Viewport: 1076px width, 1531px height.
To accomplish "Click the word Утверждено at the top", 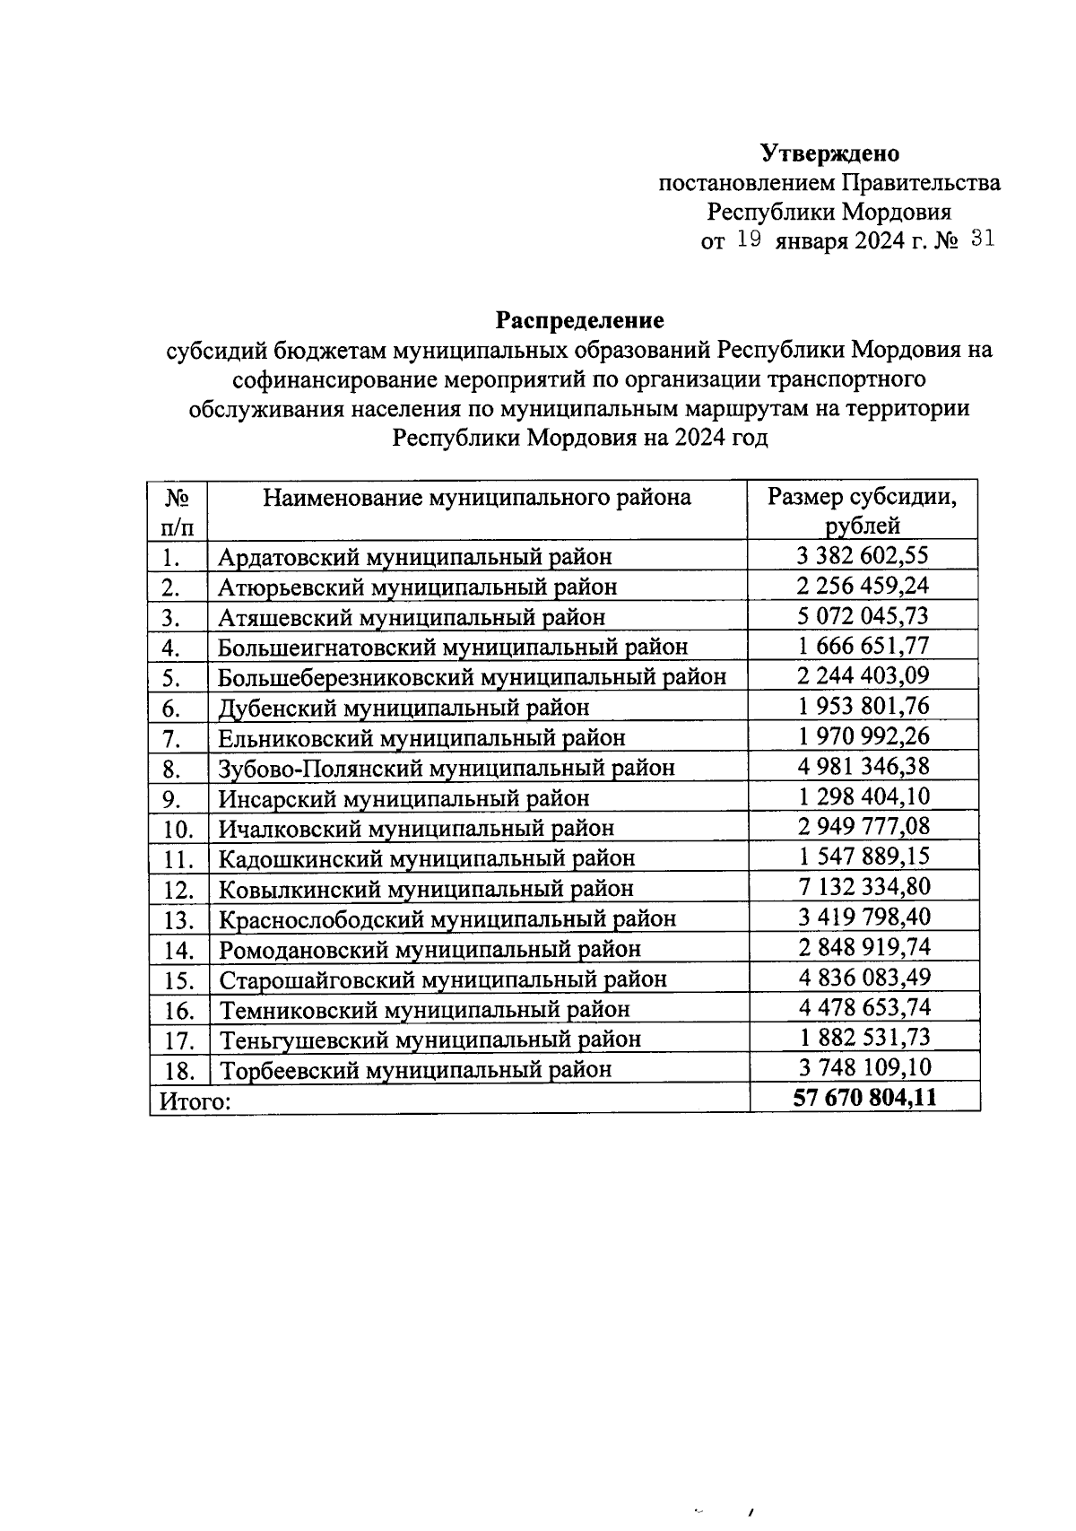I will pyautogui.click(x=829, y=153).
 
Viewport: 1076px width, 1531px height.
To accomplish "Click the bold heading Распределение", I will pyautogui.click(x=580, y=319).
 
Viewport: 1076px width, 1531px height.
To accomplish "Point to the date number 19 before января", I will pyautogui.click(x=749, y=239).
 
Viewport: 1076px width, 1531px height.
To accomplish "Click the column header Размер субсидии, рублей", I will pyautogui.click(x=863, y=510).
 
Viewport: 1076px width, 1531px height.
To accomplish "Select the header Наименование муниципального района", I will pyautogui.click(x=476, y=497).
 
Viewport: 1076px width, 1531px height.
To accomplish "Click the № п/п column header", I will pyautogui.click(x=177, y=510).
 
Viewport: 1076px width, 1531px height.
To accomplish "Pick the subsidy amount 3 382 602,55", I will pyautogui.click(x=863, y=555).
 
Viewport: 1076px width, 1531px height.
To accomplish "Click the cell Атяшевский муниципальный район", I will pyautogui.click(x=412, y=617).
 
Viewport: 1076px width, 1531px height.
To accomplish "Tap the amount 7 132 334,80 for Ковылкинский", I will pyautogui.click(x=863, y=887).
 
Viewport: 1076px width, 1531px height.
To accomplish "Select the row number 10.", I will pyautogui.click(x=178, y=829).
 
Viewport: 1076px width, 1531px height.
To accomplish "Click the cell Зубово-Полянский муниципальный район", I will pyautogui.click(x=447, y=768).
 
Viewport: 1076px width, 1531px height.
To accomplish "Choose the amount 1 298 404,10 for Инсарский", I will pyautogui.click(x=863, y=796).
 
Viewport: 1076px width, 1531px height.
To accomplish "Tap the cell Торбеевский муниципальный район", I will pyautogui.click(x=416, y=1069).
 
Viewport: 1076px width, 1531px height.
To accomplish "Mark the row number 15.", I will pyautogui.click(x=178, y=980).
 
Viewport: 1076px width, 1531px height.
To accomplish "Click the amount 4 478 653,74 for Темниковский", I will pyautogui.click(x=863, y=1007).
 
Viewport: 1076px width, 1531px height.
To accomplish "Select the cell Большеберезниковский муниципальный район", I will pyautogui.click(x=472, y=676).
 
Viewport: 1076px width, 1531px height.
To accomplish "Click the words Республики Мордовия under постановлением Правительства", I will pyautogui.click(x=829, y=212).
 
